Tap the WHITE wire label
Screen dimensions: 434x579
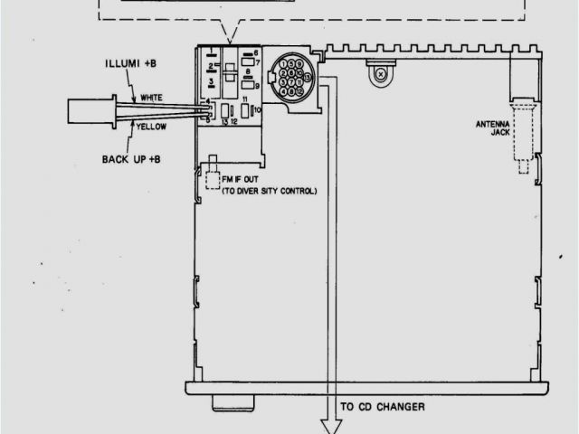point(151,98)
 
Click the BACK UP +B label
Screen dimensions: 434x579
point(131,159)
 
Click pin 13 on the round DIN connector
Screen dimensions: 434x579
point(308,78)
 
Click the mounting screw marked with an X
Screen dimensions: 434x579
point(382,74)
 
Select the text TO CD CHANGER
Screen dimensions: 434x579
point(383,407)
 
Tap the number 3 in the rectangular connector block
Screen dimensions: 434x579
point(211,82)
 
